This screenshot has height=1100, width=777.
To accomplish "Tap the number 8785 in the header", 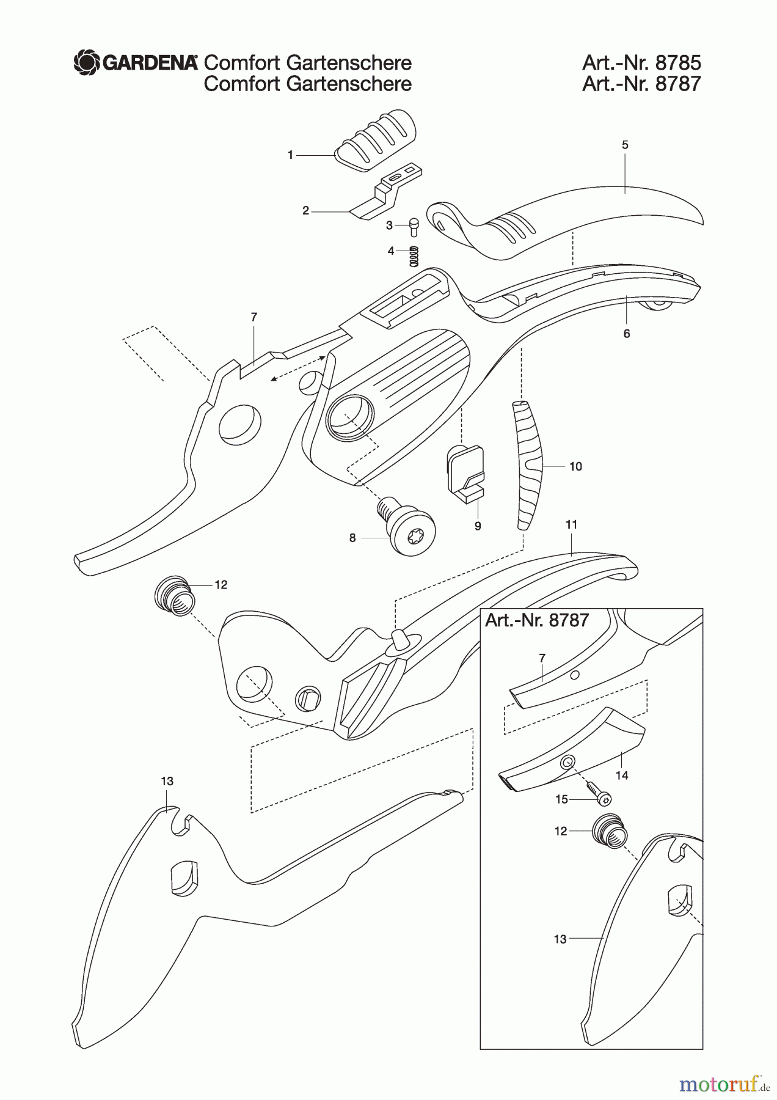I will tap(677, 63).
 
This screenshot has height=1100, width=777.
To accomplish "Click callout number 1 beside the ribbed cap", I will tap(291, 156).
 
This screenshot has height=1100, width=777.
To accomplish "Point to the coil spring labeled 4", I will tap(414, 255).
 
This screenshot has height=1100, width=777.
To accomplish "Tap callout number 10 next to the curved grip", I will tap(575, 466).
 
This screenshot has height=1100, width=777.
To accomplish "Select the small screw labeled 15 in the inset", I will tap(600, 796).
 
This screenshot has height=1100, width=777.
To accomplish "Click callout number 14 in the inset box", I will tap(622, 775).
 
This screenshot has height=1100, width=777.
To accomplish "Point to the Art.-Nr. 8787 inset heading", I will tap(537, 620).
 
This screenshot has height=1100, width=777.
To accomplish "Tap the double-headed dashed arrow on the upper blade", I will tap(298, 368).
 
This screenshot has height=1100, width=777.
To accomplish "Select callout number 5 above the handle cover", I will tap(625, 145).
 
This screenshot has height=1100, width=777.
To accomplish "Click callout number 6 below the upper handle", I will tap(627, 334).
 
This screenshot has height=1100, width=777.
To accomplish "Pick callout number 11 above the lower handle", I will tap(572, 524).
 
